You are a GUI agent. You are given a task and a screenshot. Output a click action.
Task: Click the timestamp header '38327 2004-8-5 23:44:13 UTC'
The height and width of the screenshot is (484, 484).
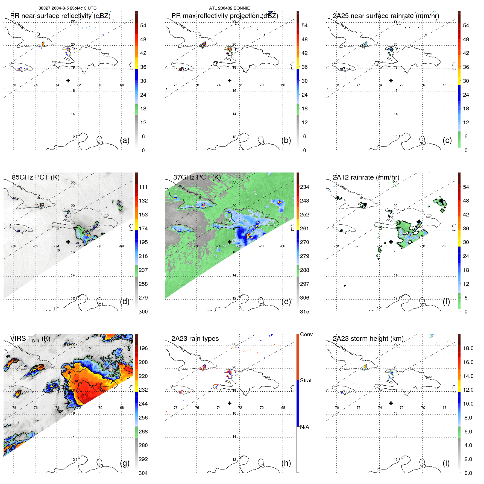(x=67, y=8)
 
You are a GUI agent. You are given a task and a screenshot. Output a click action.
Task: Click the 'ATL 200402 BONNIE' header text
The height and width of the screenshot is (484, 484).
(x=229, y=8)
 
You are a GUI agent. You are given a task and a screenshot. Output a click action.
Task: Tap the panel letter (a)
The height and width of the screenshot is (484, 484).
(x=125, y=140)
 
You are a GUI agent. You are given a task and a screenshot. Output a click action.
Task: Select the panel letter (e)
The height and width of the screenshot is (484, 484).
(x=286, y=301)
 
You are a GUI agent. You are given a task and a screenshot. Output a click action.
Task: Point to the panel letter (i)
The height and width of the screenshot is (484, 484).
(x=446, y=463)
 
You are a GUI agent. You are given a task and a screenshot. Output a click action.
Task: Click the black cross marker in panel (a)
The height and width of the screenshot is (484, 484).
(x=68, y=80)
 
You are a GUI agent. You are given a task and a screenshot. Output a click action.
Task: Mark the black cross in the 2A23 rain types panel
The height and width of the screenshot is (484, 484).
(x=230, y=403)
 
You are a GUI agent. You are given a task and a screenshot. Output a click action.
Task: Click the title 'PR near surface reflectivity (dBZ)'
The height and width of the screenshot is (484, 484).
(x=60, y=16)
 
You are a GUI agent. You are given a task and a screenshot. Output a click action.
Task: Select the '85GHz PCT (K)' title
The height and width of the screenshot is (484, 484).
(x=36, y=177)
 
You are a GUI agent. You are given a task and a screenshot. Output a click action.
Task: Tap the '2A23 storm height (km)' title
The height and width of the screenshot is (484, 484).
(x=368, y=339)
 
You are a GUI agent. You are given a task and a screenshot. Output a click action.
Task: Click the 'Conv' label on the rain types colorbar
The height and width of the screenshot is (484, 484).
(x=306, y=334)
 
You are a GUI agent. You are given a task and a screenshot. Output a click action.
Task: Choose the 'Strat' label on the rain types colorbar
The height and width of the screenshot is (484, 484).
(x=306, y=380)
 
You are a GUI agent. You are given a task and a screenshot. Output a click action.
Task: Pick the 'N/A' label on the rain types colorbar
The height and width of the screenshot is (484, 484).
(x=304, y=427)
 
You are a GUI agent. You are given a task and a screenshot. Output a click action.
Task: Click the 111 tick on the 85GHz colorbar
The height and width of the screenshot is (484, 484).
(x=143, y=187)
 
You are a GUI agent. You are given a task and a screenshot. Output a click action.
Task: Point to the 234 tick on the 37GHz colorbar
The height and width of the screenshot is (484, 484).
(x=304, y=187)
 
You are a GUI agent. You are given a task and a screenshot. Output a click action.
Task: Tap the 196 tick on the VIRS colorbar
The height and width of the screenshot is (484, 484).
(x=143, y=348)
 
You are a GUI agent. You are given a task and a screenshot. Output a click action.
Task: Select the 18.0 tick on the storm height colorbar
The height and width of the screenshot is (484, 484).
(x=468, y=348)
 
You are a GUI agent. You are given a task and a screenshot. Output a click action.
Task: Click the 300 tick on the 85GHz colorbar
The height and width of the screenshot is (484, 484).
(x=143, y=312)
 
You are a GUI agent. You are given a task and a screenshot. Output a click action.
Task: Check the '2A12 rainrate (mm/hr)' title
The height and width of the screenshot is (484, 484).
(x=366, y=177)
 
